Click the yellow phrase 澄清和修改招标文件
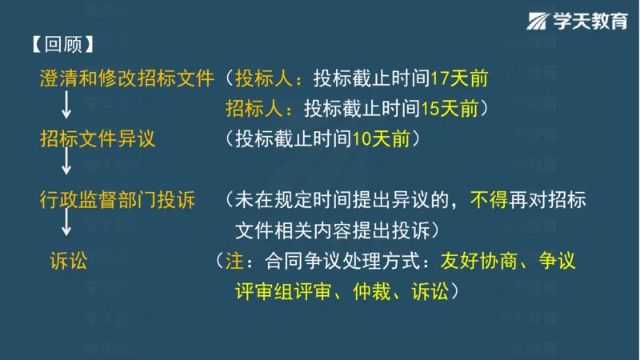pyautogui.click(x=127, y=78)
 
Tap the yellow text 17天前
pyautogui.click(x=458, y=78)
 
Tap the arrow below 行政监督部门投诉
pyautogui.click(x=67, y=225)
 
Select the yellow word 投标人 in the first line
pyautogui.click(x=262, y=78)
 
